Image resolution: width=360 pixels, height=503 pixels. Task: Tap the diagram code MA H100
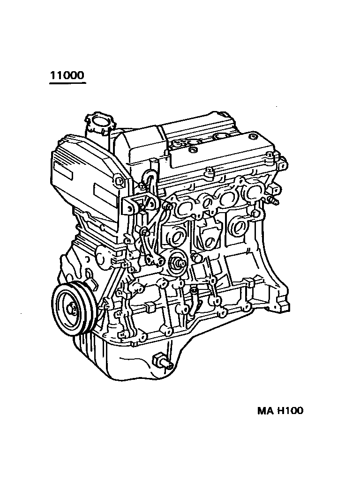(x=280, y=411)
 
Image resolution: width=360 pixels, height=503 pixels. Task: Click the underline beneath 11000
(x=67, y=83)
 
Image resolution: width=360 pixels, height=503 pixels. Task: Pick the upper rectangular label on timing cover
(x=63, y=170)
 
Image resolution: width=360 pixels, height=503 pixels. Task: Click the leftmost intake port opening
(x=183, y=206)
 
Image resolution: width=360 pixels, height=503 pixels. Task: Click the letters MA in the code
(x=265, y=411)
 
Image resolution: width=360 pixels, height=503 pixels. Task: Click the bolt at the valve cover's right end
(x=282, y=165)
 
